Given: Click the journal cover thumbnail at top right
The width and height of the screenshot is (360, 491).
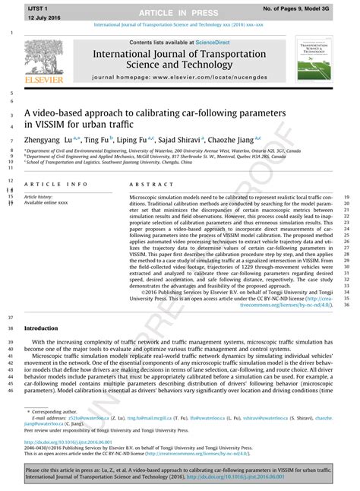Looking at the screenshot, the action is click(319, 63).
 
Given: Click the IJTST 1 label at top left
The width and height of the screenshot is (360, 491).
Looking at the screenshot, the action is click(38, 6).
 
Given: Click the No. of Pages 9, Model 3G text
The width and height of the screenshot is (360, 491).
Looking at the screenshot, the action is click(310, 7).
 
